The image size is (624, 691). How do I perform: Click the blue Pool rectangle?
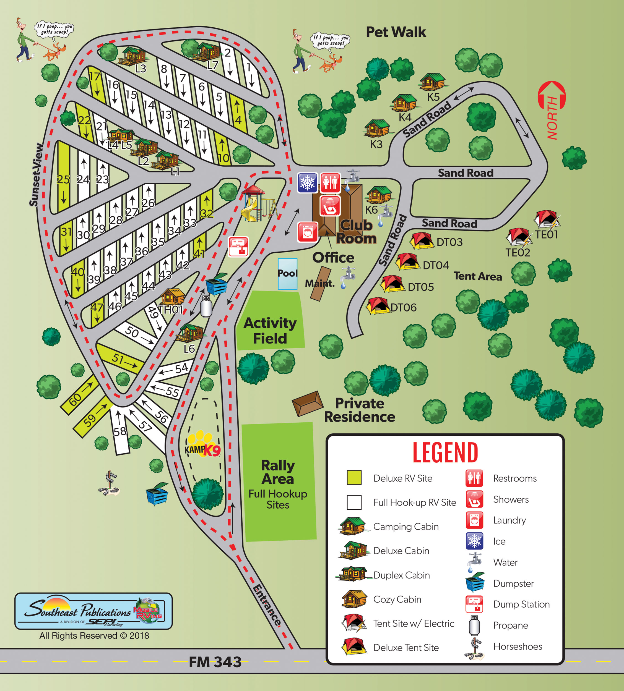287,274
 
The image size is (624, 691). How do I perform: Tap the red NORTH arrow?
552,110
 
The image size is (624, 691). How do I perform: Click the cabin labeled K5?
432,82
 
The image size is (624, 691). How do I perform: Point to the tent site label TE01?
547,235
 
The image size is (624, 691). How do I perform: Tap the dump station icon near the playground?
238,246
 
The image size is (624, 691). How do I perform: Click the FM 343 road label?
215,662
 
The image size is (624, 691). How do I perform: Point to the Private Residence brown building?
308,404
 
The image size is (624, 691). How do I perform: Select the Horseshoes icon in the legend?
474,648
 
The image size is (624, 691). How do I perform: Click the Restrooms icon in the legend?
474,478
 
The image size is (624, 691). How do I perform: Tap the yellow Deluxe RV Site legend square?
354,478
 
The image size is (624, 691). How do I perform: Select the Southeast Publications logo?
93,611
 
